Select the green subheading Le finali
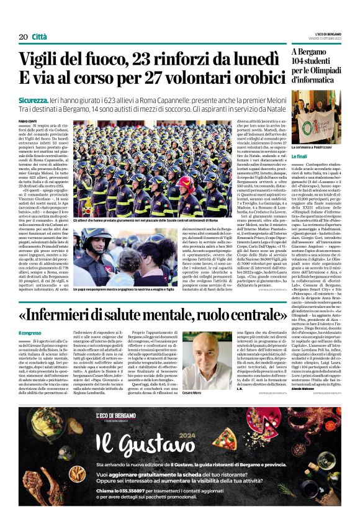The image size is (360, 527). tap(300, 156)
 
